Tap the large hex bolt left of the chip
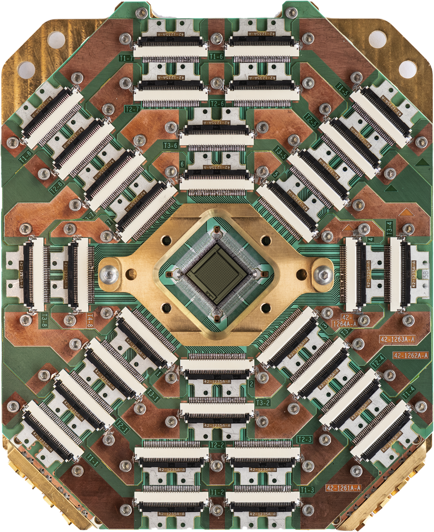pos(108,274)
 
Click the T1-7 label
pos(125,58)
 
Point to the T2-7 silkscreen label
pos(132,108)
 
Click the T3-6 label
pos(170,145)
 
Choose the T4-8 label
pos(90,319)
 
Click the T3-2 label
pos(263,403)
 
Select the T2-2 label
pos(217,445)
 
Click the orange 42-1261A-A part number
pos(343,488)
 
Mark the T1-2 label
pos(217,492)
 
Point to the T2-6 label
pos(217,104)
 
